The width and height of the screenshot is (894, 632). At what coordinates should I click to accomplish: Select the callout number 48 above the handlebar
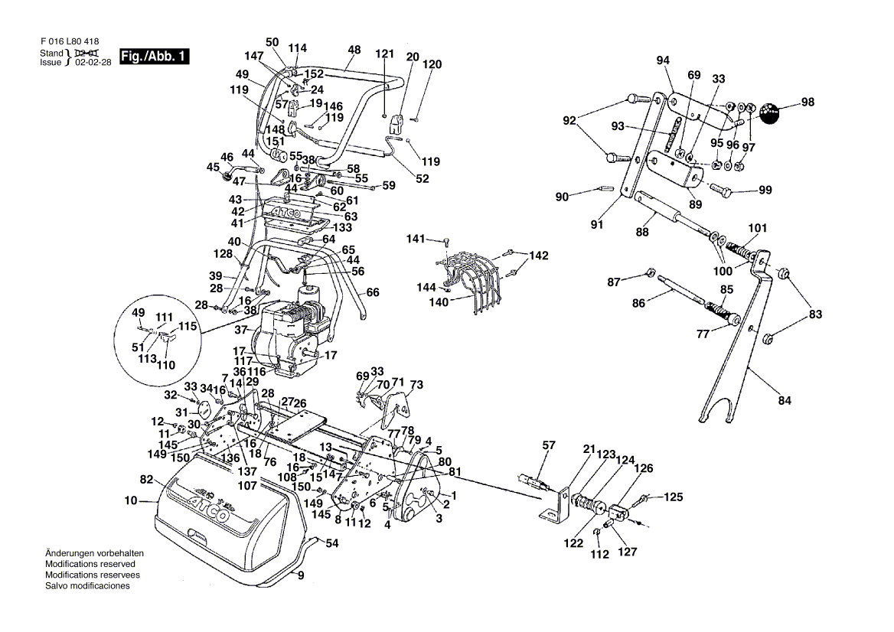[354, 50]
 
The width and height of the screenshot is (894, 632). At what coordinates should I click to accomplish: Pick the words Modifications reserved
[90, 563]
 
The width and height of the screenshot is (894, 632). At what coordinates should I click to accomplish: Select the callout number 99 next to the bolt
[765, 190]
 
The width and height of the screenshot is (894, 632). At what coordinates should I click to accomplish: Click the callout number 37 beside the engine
[241, 331]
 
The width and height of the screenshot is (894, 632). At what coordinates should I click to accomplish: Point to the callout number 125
[672, 497]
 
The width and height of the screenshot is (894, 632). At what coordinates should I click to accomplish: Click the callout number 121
[385, 54]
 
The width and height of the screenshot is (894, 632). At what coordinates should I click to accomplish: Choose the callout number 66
[373, 292]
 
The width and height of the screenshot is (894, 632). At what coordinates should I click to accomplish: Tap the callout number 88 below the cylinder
[641, 233]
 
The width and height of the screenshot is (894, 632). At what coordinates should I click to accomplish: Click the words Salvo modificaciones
[87, 585]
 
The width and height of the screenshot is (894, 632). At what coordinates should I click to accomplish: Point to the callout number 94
[663, 60]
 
